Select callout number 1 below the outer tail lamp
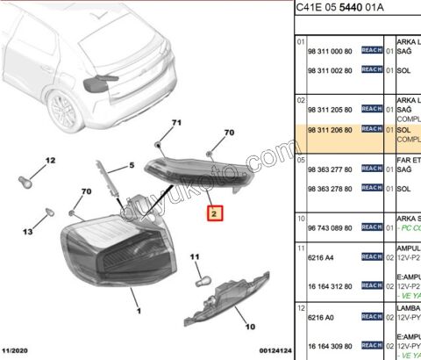point(137,310)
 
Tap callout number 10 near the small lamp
point(249,327)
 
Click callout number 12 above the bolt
point(50,160)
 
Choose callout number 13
point(28,232)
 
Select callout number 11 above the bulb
point(196,256)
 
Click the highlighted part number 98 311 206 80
point(330,129)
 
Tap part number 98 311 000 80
point(330,51)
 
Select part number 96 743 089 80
point(330,227)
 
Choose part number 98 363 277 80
point(330,169)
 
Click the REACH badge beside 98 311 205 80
point(371,110)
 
